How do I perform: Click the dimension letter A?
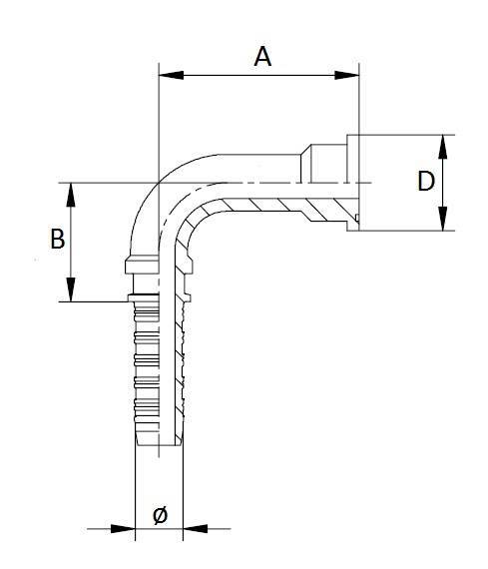click(x=262, y=56)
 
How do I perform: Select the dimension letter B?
click(x=58, y=240)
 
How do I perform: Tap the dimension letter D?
click(x=425, y=182)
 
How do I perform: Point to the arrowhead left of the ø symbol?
click(x=125, y=528)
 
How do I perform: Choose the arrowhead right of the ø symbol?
click(x=196, y=528)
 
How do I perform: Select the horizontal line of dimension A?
click(x=259, y=74)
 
